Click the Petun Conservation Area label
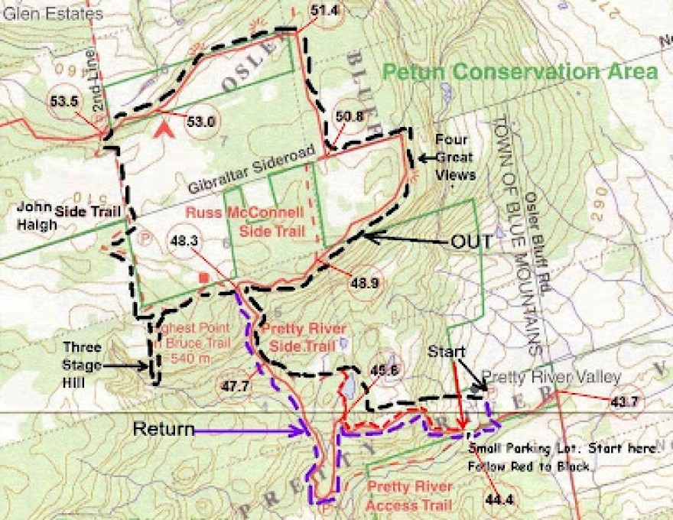(520, 72)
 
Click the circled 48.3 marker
(186, 240)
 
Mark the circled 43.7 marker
(624, 401)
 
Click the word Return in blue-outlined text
(164, 428)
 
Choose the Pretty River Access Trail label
(409, 496)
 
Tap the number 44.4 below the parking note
(497, 500)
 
